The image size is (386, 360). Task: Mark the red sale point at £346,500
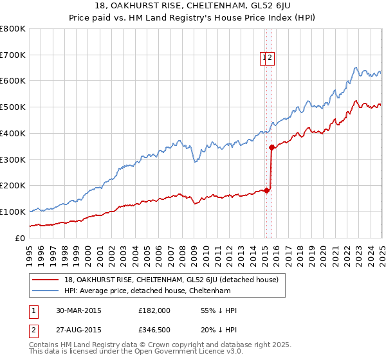[271, 147]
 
